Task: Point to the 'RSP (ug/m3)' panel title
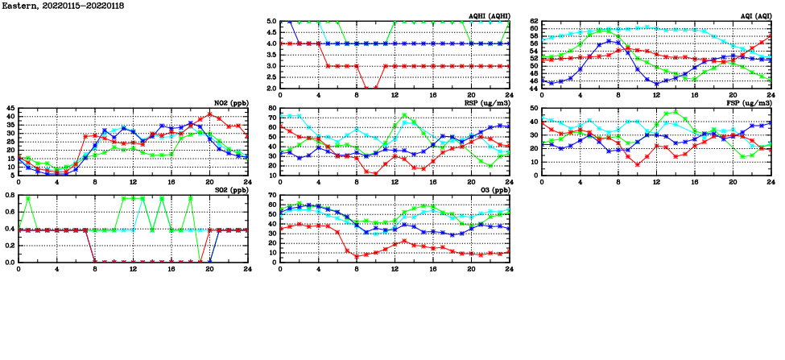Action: [488, 103]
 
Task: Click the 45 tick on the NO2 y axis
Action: [10, 108]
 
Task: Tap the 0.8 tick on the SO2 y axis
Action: [9, 195]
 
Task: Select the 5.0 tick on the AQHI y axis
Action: [271, 21]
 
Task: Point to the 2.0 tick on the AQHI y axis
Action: [271, 88]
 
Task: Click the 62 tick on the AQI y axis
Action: [535, 21]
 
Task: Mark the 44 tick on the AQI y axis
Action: [535, 88]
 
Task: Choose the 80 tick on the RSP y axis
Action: [273, 108]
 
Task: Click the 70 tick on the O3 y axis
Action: [273, 195]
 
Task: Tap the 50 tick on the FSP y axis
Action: [535, 108]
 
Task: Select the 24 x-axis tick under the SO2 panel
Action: [246, 270]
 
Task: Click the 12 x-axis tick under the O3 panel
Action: [395, 270]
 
